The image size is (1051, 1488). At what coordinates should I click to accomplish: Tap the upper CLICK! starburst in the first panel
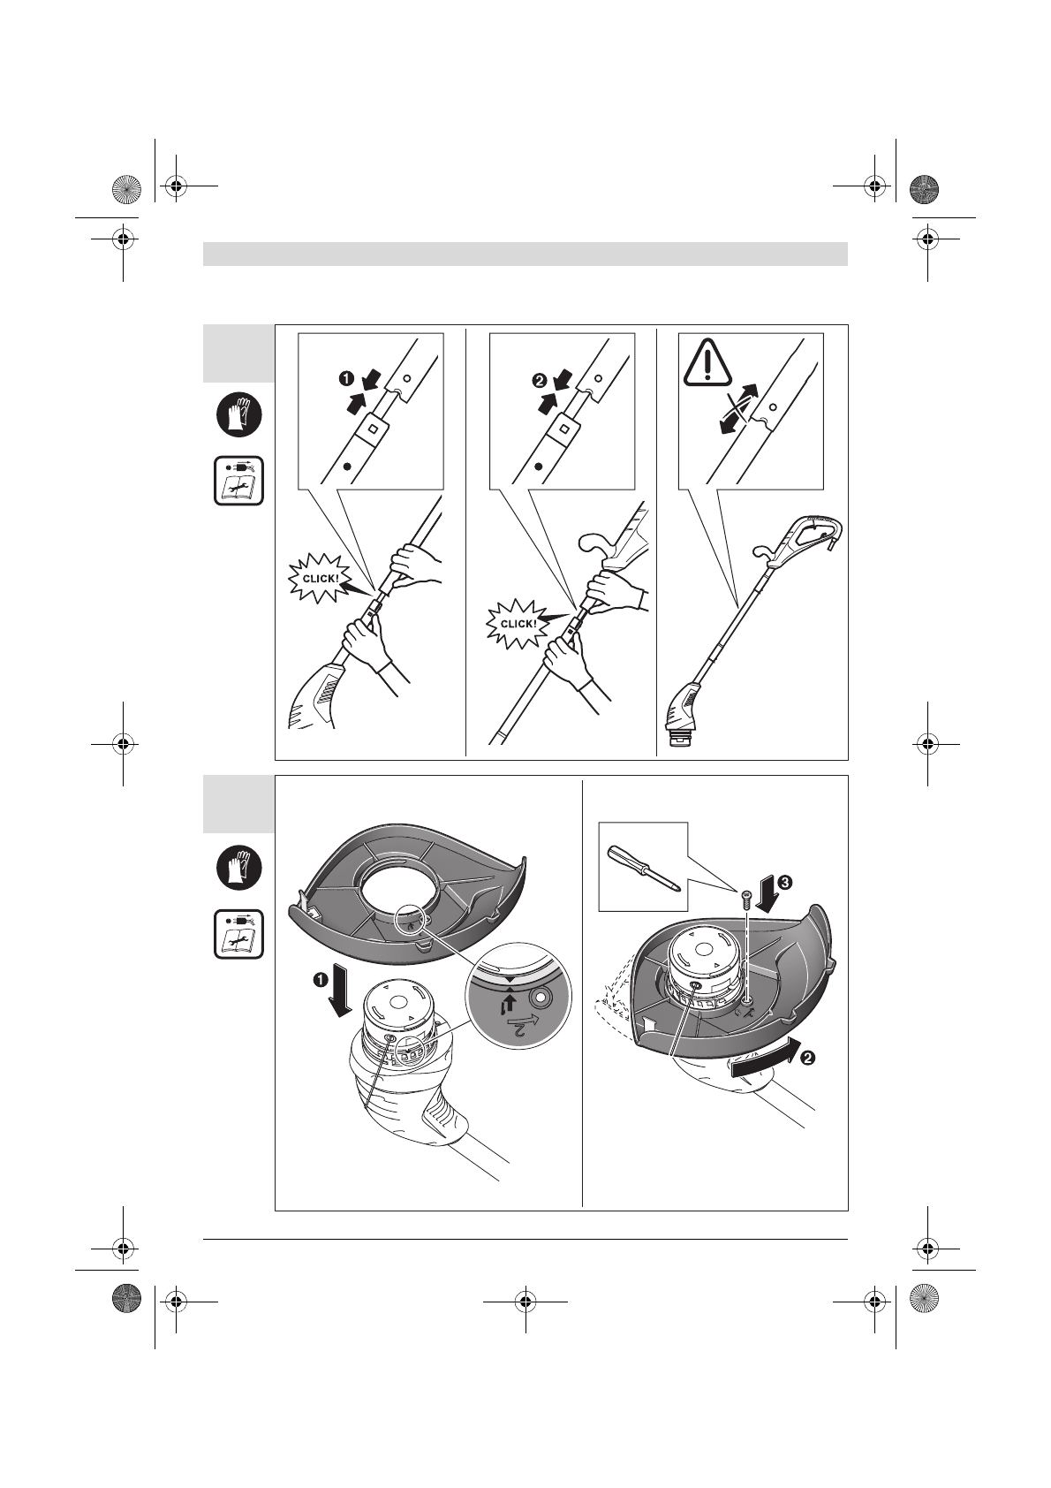(321, 577)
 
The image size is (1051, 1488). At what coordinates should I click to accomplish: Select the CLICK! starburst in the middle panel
(518, 622)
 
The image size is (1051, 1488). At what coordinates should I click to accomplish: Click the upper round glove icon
(239, 414)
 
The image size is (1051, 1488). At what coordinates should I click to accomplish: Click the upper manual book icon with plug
(239, 481)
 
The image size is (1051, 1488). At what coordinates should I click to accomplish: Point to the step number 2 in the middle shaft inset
(539, 382)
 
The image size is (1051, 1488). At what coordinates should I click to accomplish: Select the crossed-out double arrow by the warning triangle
(740, 407)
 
